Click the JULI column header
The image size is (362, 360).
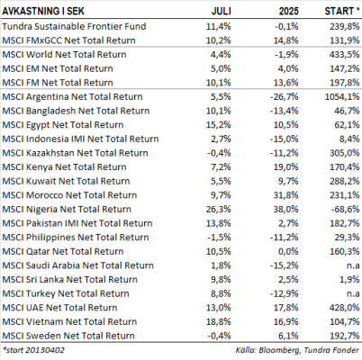pos(222,11)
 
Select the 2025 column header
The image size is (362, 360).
pos(289,11)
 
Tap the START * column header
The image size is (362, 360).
pos(342,11)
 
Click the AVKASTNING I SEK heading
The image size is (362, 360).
pos(43,11)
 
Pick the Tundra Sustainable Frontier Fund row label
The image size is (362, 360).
pos(74,26)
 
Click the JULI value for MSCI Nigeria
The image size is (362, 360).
pos(219,209)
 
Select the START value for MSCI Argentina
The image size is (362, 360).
pos(342,96)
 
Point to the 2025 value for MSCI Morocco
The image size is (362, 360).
pos(286,195)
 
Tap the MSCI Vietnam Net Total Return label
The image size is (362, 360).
pos(69,321)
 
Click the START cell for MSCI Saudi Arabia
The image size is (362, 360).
pos(353,265)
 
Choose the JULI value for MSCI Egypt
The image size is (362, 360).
pos(219,125)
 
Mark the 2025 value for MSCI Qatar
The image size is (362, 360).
pos(289,251)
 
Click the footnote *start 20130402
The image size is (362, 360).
pos(33,350)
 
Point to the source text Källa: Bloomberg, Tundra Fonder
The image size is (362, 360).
pos(297,350)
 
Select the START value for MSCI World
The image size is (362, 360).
pos(345,54)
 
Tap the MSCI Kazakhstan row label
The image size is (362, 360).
pos(75,153)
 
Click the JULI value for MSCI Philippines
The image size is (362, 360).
pos(219,238)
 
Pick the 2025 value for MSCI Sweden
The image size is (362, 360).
pos(289,336)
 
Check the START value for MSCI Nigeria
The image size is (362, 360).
pos(345,209)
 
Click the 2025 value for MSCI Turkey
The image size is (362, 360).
pos(285,293)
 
